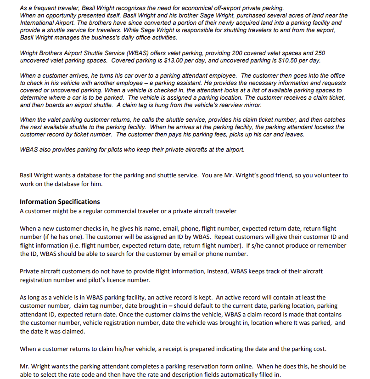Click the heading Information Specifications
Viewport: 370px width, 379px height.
click(60, 202)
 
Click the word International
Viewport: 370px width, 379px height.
click(38, 23)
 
